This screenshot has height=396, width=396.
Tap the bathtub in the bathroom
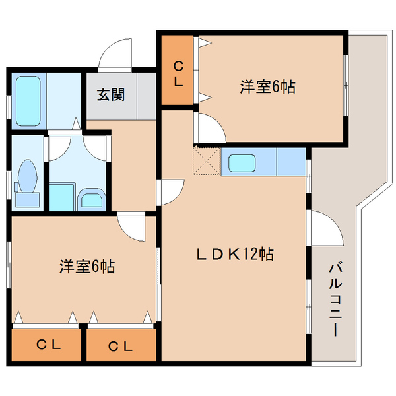click(28, 100)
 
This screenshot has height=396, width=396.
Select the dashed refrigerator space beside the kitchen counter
click(206, 162)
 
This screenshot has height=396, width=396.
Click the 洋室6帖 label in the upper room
click(267, 86)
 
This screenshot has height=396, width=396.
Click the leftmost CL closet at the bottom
click(48, 345)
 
